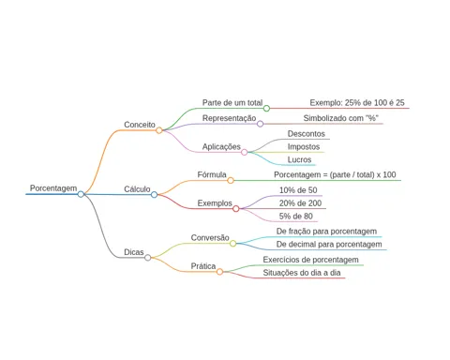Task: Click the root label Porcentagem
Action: (53, 188)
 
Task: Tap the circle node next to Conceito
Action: (159, 130)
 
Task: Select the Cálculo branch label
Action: (137, 189)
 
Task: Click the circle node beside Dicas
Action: (148, 258)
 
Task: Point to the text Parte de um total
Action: (232, 103)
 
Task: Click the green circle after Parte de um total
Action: (266, 109)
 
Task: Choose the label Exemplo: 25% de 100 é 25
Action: (357, 103)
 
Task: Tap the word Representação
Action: (229, 118)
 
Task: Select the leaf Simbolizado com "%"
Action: (341, 118)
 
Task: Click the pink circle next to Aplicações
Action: (245, 152)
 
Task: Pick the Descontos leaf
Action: (307, 134)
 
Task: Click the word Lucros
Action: (299, 159)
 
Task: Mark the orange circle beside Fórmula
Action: (231, 180)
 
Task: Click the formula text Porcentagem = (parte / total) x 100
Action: (335, 174)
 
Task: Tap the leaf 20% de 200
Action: (300, 203)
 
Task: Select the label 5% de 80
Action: (296, 216)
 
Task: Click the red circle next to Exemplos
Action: (236, 208)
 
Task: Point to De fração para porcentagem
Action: (326, 232)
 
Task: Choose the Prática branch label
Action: (203, 266)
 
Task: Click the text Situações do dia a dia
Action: (302, 273)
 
